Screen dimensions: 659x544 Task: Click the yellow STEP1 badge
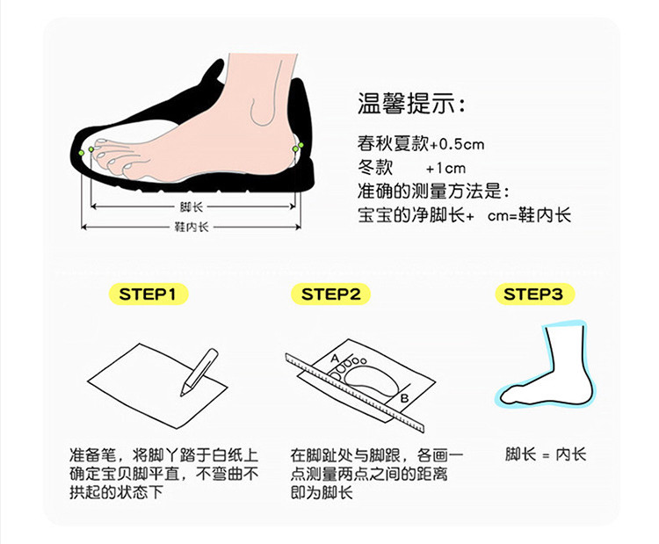tap(148, 294)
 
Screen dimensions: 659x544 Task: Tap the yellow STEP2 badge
tap(330, 294)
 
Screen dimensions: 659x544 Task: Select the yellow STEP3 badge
tap(533, 294)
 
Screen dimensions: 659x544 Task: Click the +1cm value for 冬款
tap(445, 169)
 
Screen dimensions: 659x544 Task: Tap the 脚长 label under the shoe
tap(192, 207)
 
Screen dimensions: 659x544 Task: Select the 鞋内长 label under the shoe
tap(192, 227)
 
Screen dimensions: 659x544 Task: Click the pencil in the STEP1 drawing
tap(199, 372)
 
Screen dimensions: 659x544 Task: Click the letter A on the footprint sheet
tap(335, 359)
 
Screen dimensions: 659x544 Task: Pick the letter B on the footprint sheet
tap(404, 397)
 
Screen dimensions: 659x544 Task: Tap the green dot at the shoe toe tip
tap(81, 152)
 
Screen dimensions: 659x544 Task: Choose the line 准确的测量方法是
tap(433, 192)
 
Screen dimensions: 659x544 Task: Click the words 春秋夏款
tap(393, 144)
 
